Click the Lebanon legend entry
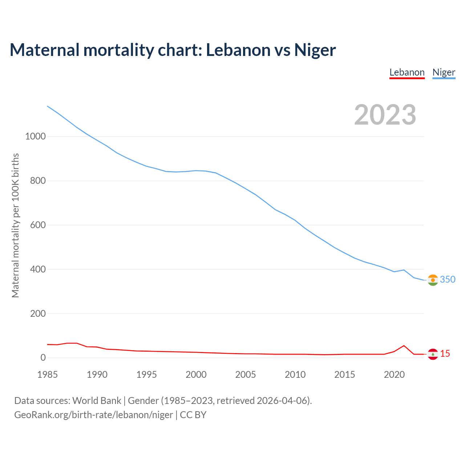point(407,73)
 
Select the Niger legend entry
point(444,73)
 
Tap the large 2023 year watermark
point(385,115)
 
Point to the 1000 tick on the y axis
point(35,137)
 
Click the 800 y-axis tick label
point(38,181)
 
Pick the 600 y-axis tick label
point(38,225)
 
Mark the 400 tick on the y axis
point(38,270)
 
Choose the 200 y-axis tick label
point(38,314)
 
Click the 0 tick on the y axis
point(43,358)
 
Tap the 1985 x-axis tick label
point(48,375)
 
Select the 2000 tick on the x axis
point(196,375)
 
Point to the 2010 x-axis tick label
point(295,375)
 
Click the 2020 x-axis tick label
point(394,375)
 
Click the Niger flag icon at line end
point(433,280)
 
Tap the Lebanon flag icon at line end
point(433,354)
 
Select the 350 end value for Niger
point(448,279)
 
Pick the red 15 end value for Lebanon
point(445,353)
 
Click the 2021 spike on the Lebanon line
point(404,345)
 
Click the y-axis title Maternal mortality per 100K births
point(15,225)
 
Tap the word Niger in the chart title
point(315,50)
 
